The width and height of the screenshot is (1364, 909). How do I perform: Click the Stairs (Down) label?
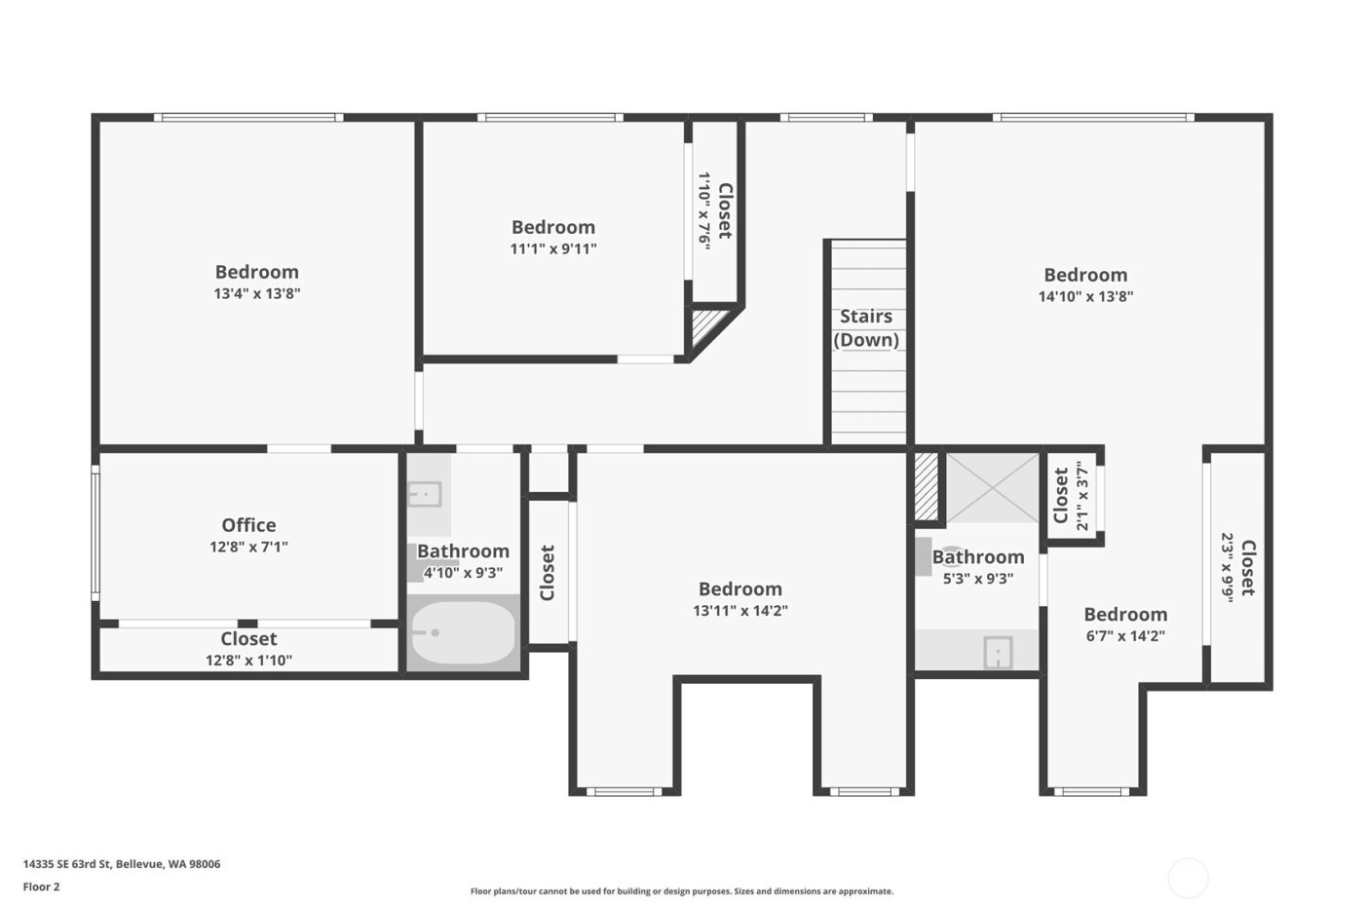(865, 328)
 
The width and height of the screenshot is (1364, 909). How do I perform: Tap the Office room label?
(248, 525)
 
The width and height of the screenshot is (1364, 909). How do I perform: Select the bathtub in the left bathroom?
(462, 633)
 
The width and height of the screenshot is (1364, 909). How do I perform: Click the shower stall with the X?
(993, 487)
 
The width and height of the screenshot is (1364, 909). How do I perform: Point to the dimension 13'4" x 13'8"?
(256, 293)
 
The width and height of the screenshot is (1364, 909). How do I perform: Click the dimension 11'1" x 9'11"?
(552, 248)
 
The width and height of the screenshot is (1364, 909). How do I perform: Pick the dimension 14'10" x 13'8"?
(1085, 296)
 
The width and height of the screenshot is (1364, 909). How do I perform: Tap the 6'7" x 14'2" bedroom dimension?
(1124, 636)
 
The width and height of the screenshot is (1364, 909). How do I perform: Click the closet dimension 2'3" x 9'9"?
(1229, 568)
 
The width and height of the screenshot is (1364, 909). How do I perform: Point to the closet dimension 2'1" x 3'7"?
(1081, 496)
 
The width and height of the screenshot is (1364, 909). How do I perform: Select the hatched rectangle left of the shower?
(926, 486)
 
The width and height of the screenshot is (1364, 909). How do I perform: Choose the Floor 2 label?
(42, 887)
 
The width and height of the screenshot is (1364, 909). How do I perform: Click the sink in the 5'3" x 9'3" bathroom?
(998, 653)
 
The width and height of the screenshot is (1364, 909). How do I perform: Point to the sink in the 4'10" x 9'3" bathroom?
(424, 494)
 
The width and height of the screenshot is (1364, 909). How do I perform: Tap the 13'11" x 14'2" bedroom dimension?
(739, 611)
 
